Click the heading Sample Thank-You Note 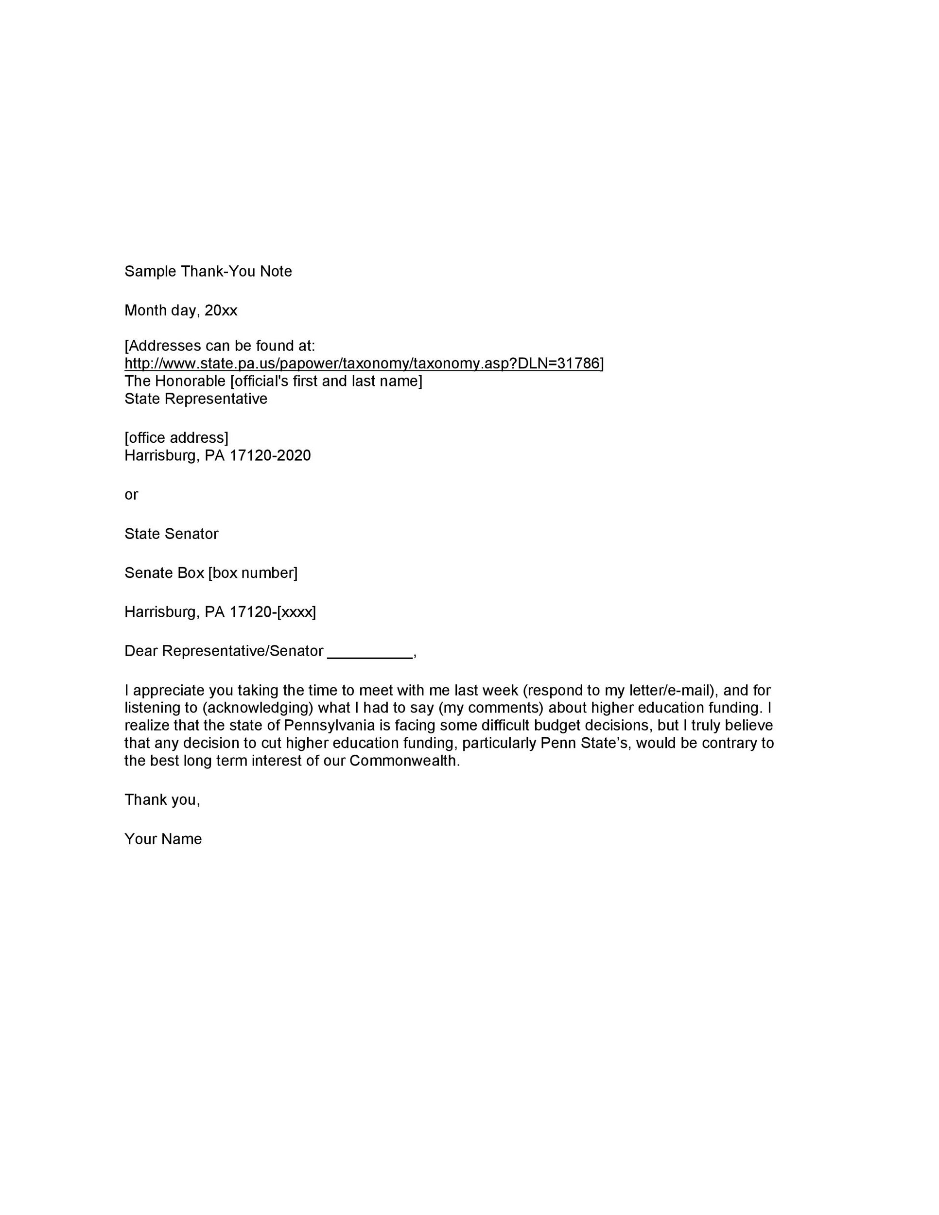[x=208, y=272]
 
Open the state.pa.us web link [x=362, y=364]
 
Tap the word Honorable [x=189, y=381]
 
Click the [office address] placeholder [x=176, y=438]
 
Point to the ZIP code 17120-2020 [x=270, y=456]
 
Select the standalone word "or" [x=131, y=495]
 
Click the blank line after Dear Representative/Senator [x=370, y=652]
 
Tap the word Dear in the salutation [x=141, y=651]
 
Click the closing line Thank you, [x=162, y=800]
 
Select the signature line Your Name [x=163, y=839]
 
